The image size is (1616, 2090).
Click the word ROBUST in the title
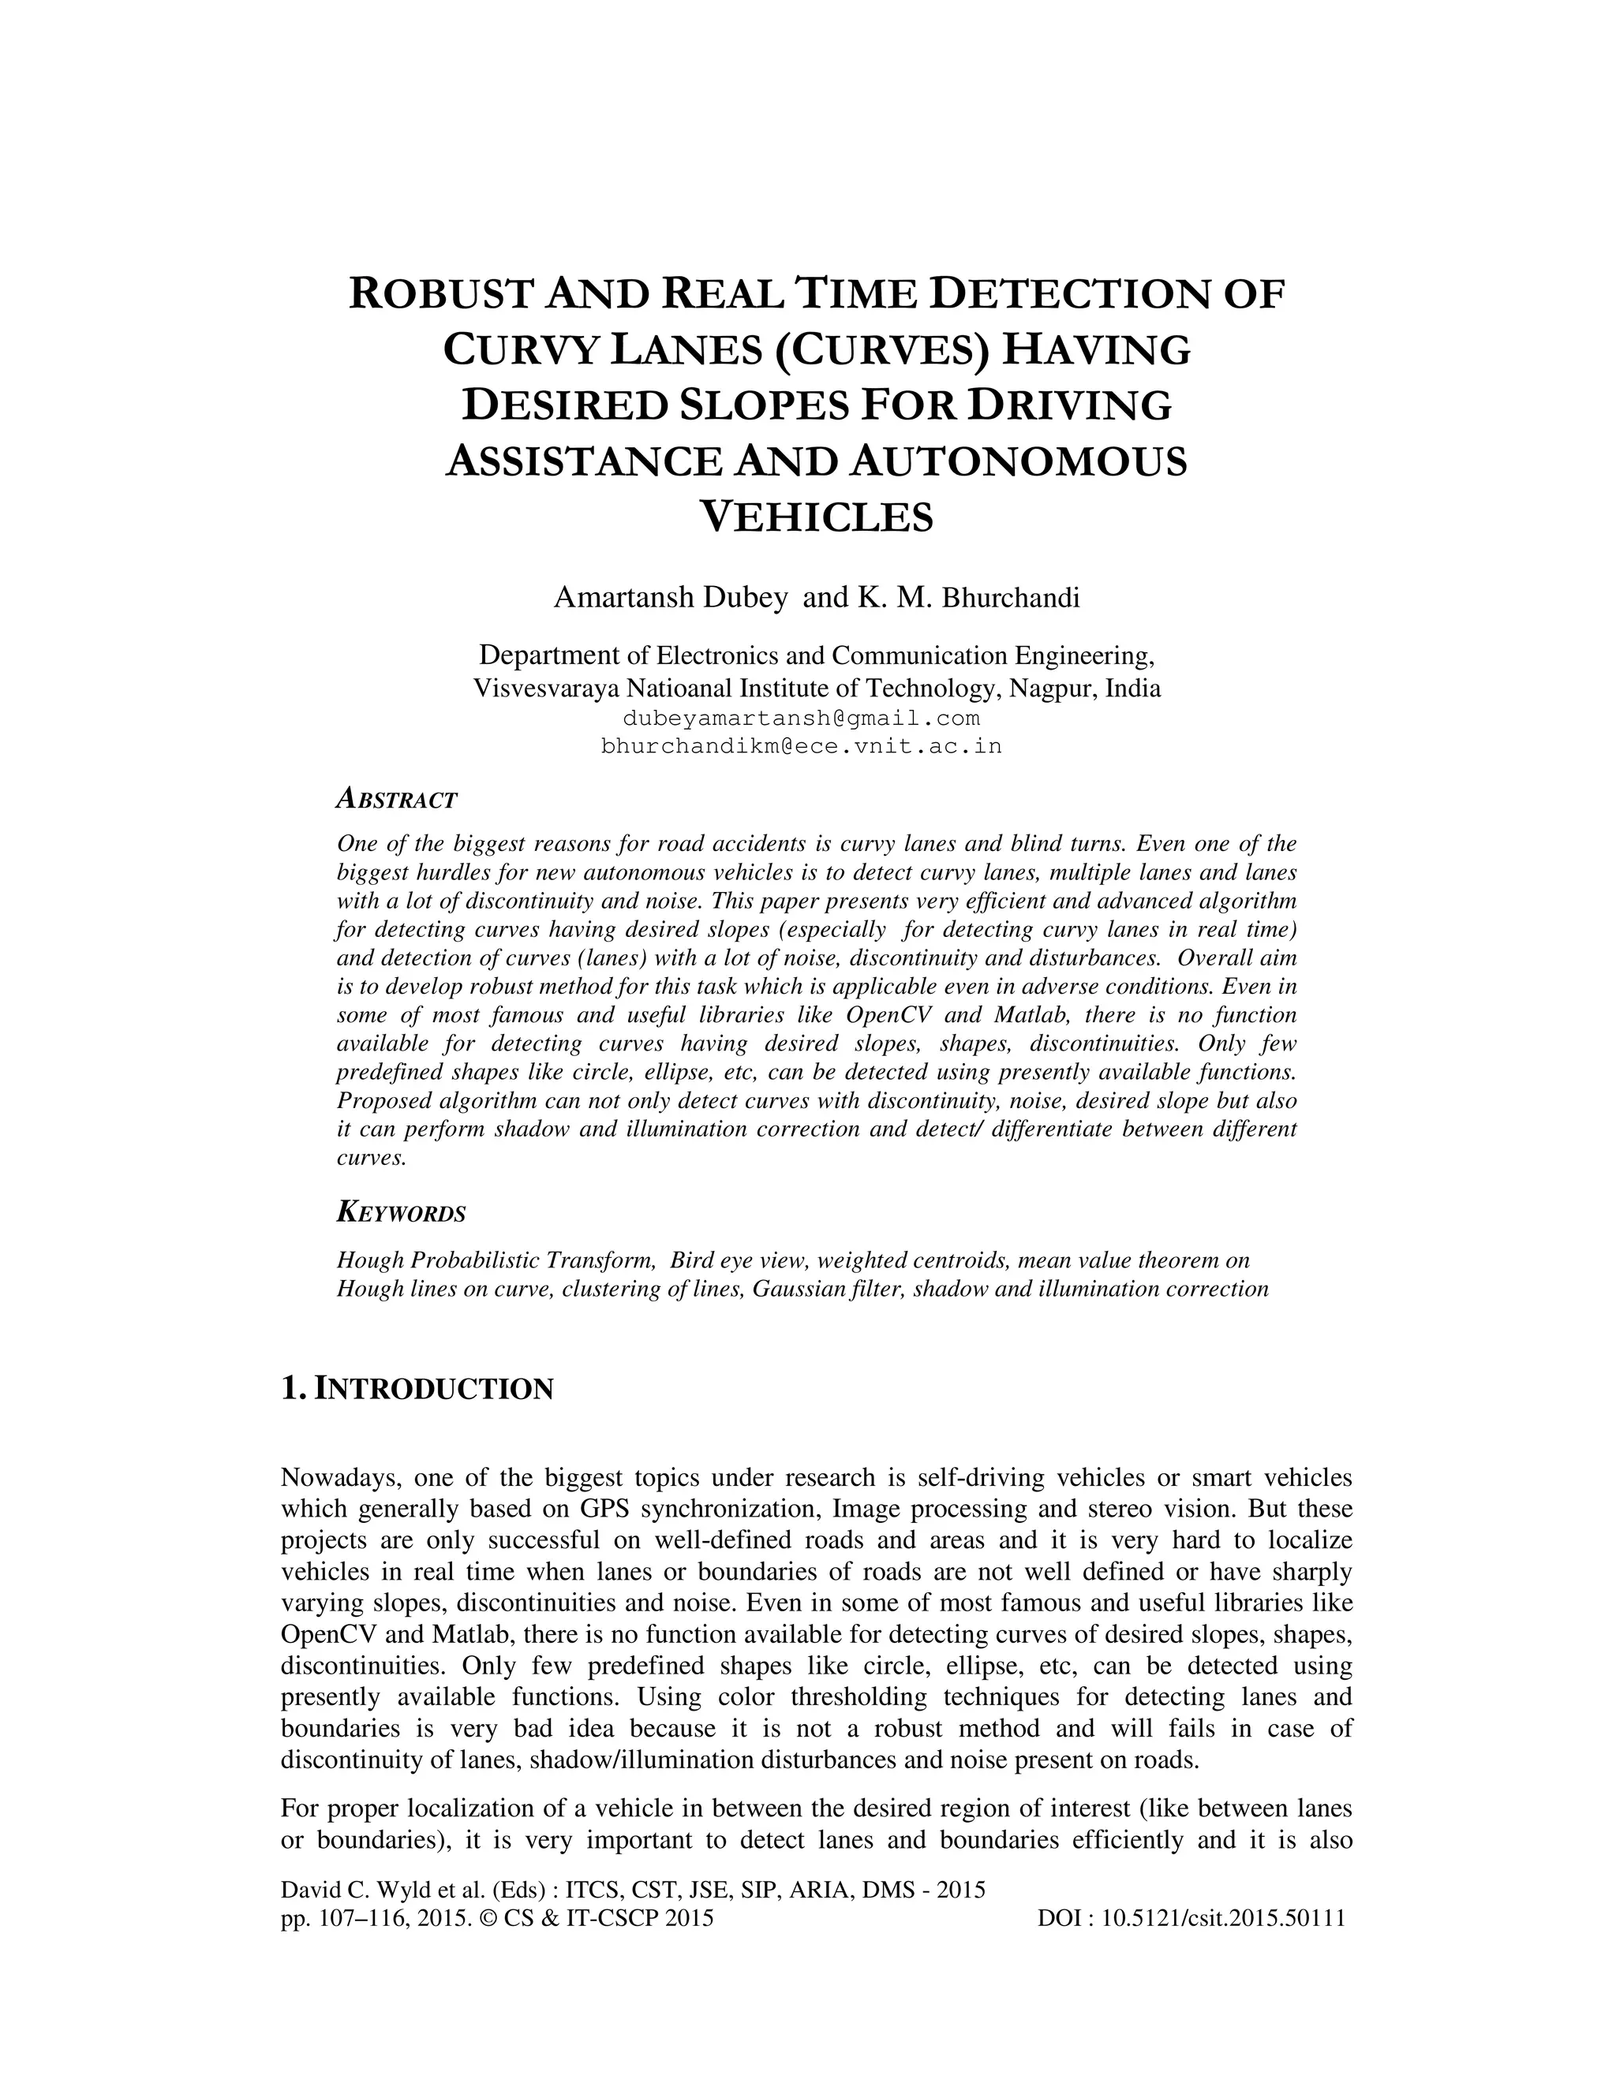tap(441, 294)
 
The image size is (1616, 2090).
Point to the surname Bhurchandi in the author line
tap(1011, 599)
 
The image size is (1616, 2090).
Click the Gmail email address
tap(802, 718)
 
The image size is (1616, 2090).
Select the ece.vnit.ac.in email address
tap(802, 746)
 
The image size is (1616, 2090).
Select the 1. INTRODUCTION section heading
tap(417, 1389)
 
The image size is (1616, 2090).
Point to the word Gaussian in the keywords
tap(791, 1289)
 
